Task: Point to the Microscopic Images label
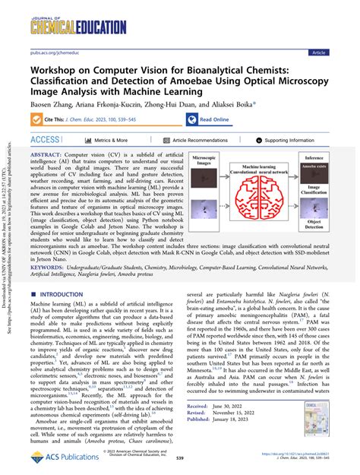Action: (203, 163)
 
